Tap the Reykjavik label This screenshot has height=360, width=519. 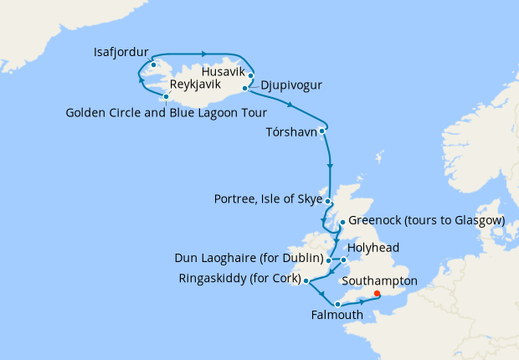pyautogui.click(x=197, y=85)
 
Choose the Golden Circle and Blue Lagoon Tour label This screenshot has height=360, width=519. pyautogui.click(x=167, y=112)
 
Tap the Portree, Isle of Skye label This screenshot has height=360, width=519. pyautogui.click(x=269, y=199)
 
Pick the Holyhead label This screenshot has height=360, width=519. pyautogui.click(x=374, y=248)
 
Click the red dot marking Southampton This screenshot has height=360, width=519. pyautogui.click(x=377, y=294)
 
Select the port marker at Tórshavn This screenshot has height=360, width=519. pyautogui.click(x=322, y=130)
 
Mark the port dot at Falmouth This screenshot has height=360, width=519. pyautogui.click(x=337, y=304)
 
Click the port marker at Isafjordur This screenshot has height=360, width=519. pyautogui.click(x=154, y=64)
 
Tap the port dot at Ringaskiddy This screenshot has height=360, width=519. pyautogui.click(x=306, y=280)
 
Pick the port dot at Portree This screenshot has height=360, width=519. pyautogui.click(x=329, y=203)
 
